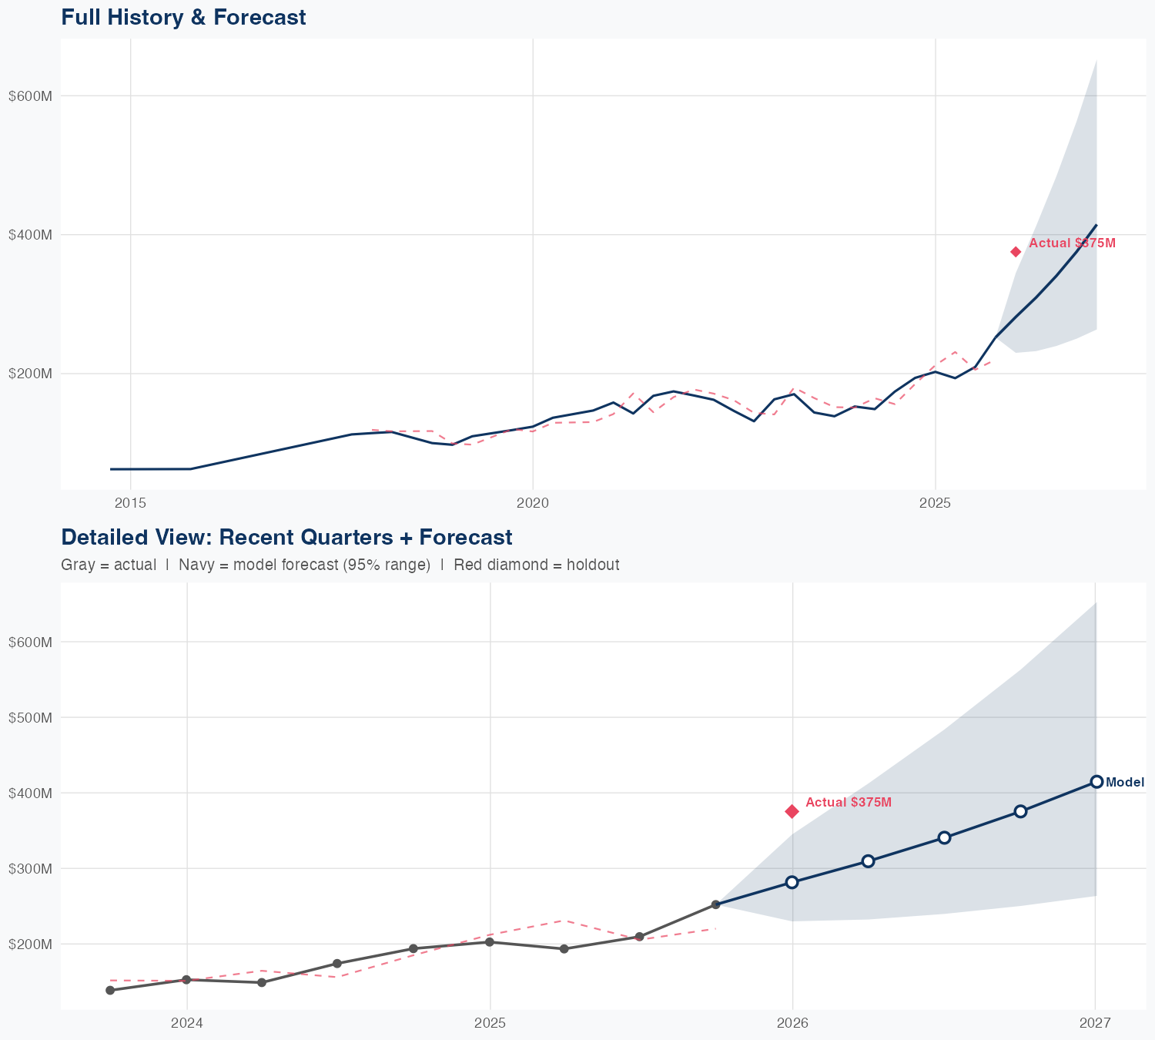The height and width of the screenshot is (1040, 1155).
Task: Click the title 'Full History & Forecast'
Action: click(x=183, y=17)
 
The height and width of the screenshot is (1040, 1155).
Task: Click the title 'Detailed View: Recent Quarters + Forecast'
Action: click(x=286, y=537)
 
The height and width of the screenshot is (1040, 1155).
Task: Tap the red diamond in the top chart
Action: click(x=1016, y=252)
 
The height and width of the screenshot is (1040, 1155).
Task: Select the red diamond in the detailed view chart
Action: click(x=792, y=811)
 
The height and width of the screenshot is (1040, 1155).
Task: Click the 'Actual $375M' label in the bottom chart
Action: click(x=848, y=802)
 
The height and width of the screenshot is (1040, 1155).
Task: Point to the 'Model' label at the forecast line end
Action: click(x=1124, y=782)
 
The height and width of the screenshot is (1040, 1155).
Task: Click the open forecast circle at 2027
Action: click(x=1096, y=781)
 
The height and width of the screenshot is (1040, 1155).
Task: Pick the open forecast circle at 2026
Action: click(x=792, y=882)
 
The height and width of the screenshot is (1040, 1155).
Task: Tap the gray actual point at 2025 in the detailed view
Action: click(x=489, y=941)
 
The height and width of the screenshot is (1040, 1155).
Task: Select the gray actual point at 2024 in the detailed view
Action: click(x=186, y=980)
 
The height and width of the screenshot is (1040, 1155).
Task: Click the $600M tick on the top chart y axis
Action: click(x=30, y=96)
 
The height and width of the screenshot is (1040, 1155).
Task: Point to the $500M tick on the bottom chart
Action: click(x=30, y=717)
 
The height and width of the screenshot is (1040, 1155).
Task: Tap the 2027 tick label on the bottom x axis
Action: click(x=1095, y=1023)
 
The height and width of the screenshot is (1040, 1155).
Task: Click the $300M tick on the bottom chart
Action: click(x=30, y=868)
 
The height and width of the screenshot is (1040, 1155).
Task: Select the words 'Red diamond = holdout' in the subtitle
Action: click(x=536, y=565)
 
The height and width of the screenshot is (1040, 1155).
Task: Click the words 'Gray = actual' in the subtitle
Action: click(x=109, y=565)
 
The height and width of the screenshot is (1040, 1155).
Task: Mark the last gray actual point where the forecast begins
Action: click(x=715, y=904)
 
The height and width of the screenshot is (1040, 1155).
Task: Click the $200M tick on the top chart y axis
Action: click(x=30, y=374)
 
